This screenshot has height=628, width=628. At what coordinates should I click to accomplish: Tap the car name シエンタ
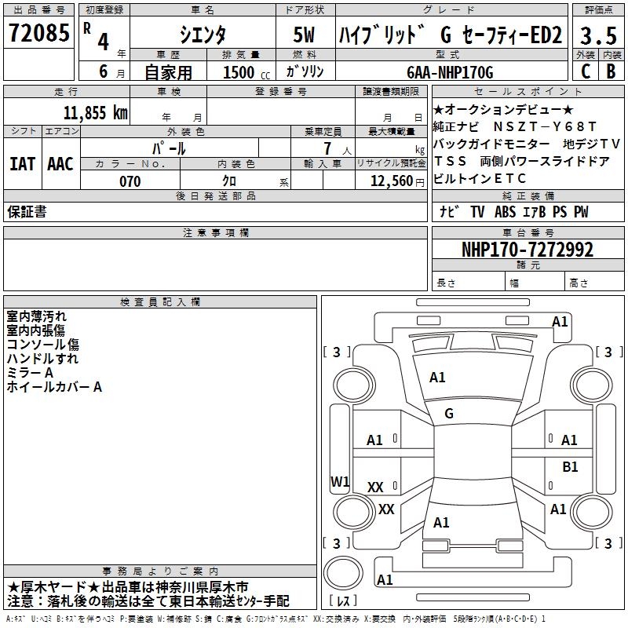coord(202,35)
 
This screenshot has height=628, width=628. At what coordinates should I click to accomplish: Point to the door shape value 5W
coord(305,35)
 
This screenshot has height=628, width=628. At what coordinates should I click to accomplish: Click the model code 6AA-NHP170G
coord(451,72)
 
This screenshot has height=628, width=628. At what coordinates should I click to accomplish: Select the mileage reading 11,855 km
coord(95,112)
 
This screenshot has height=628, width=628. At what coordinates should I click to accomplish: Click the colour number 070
coord(130,181)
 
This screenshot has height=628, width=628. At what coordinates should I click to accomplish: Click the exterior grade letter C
coord(585,71)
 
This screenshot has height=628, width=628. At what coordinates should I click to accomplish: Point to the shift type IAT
coord(23,164)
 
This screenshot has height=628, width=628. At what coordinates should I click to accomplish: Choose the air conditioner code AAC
coord(60,164)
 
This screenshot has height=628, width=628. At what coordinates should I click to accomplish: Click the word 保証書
coord(27,212)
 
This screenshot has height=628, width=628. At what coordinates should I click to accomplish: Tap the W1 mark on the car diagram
coord(340,481)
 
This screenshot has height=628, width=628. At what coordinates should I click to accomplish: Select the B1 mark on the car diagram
coord(570,466)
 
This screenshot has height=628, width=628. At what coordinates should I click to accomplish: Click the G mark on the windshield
coord(448,414)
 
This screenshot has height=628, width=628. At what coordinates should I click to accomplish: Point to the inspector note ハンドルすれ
coord(42,359)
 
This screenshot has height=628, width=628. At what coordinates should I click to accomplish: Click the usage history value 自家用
coord(168,72)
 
